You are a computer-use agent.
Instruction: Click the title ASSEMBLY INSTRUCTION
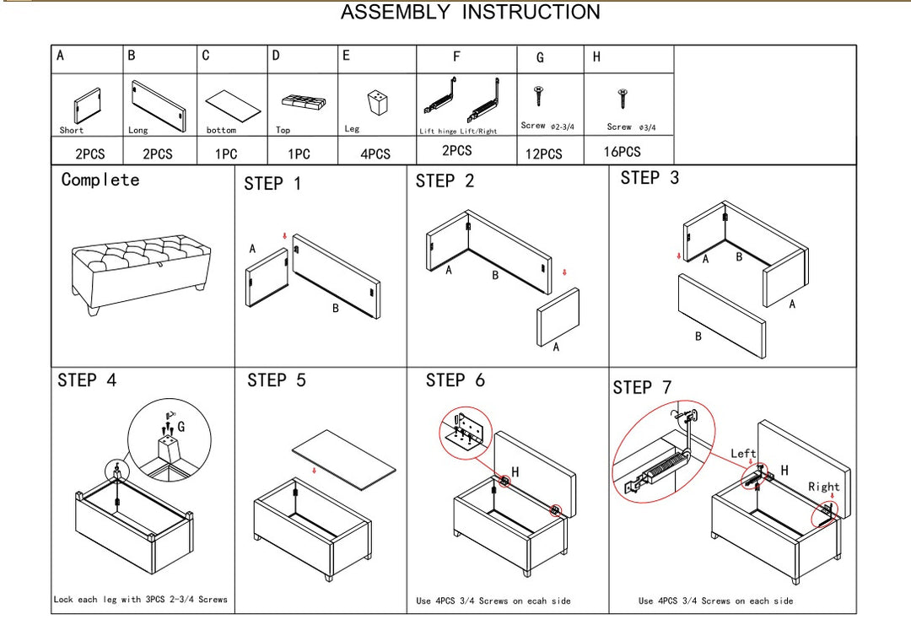coord(470,13)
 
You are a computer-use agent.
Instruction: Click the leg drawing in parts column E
coord(376,104)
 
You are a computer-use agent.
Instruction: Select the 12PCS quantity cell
coord(543,154)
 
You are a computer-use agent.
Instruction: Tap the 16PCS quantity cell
coord(623,152)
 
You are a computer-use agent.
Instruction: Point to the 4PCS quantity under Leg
coord(375,154)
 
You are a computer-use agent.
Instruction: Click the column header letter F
coord(456,57)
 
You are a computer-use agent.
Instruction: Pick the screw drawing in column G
coord(537,95)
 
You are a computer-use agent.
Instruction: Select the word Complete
coord(100,180)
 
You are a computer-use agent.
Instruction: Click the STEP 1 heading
coord(272,184)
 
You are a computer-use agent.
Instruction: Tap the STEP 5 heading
coord(277,381)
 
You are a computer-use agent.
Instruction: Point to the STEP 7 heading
coord(642,388)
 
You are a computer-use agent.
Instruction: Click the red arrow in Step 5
coord(314,471)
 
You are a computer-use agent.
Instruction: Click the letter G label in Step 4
coord(181,427)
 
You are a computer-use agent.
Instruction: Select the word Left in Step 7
coord(743,454)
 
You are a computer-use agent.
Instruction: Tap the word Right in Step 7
coord(823,487)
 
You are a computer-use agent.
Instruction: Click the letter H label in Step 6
coord(515,472)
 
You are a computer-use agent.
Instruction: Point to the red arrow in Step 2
coord(564,272)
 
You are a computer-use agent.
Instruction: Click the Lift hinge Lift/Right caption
coord(458,132)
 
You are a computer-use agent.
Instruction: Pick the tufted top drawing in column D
coord(304,101)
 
